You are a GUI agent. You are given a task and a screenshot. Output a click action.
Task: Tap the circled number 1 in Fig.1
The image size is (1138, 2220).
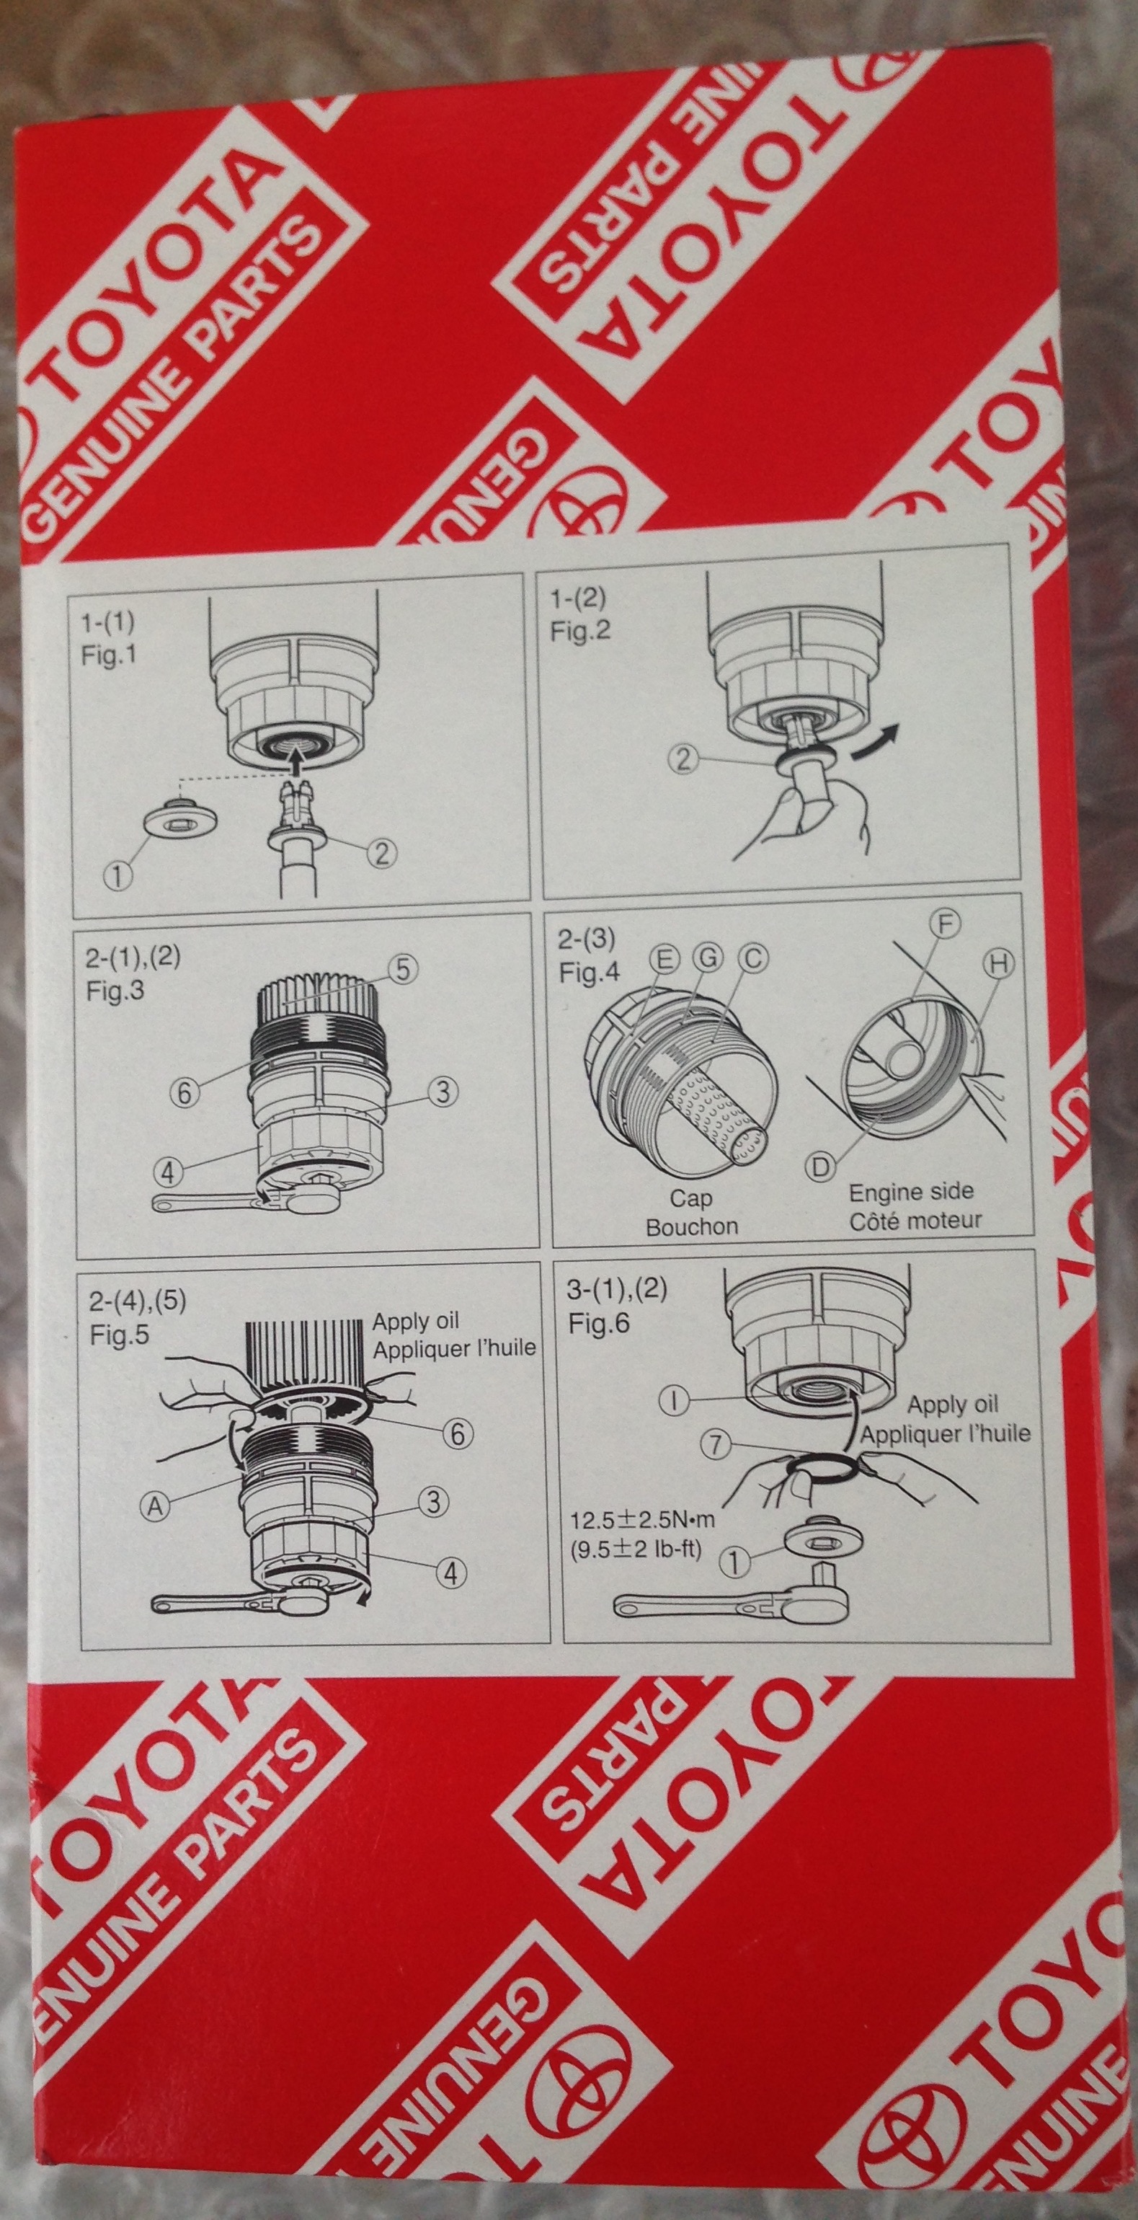click(x=118, y=875)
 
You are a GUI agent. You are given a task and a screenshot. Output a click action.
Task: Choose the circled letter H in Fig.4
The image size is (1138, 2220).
click(x=998, y=965)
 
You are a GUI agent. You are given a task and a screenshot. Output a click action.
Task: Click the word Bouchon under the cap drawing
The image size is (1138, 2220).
click(x=692, y=1226)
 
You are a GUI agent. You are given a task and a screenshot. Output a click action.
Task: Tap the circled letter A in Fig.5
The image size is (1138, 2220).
click(x=155, y=1505)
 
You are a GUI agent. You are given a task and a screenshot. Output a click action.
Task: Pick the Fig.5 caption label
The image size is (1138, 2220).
click(x=119, y=1336)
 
